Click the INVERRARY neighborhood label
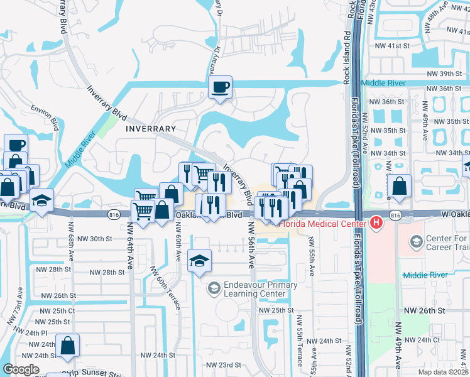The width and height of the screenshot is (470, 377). pyautogui.click(x=150, y=129)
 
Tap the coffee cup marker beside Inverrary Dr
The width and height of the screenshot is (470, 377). pyautogui.click(x=220, y=88)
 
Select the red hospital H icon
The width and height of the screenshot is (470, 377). pyautogui.click(x=376, y=222)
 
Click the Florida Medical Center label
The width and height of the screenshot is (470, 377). pyautogui.click(x=323, y=222)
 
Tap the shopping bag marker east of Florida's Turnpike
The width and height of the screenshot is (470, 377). pyautogui.click(x=400, y=187)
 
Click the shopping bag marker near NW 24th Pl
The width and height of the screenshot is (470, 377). pyautogui.click(x=67, y=346)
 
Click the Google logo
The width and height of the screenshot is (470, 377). pyautogui.click(x=21, y=369)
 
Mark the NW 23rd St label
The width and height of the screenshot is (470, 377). pyautogui.click(x=225, y=364)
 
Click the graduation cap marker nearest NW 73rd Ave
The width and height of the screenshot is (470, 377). pyautogui.click(x=41, y=201)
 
